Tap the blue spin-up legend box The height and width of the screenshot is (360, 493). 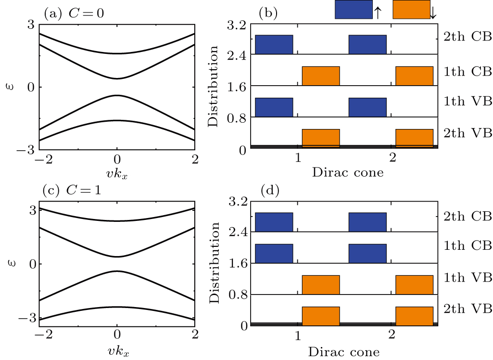(x=354, y=10)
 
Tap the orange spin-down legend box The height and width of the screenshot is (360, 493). (x=411, y=10)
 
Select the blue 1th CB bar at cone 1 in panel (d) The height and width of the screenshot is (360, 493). (x=274, y=254)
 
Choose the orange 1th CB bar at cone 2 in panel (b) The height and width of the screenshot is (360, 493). (x=414, y=76)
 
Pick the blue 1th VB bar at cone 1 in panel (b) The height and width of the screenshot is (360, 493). (x=274, y=107)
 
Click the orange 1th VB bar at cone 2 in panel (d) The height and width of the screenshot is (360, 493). (x=414, y=284)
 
